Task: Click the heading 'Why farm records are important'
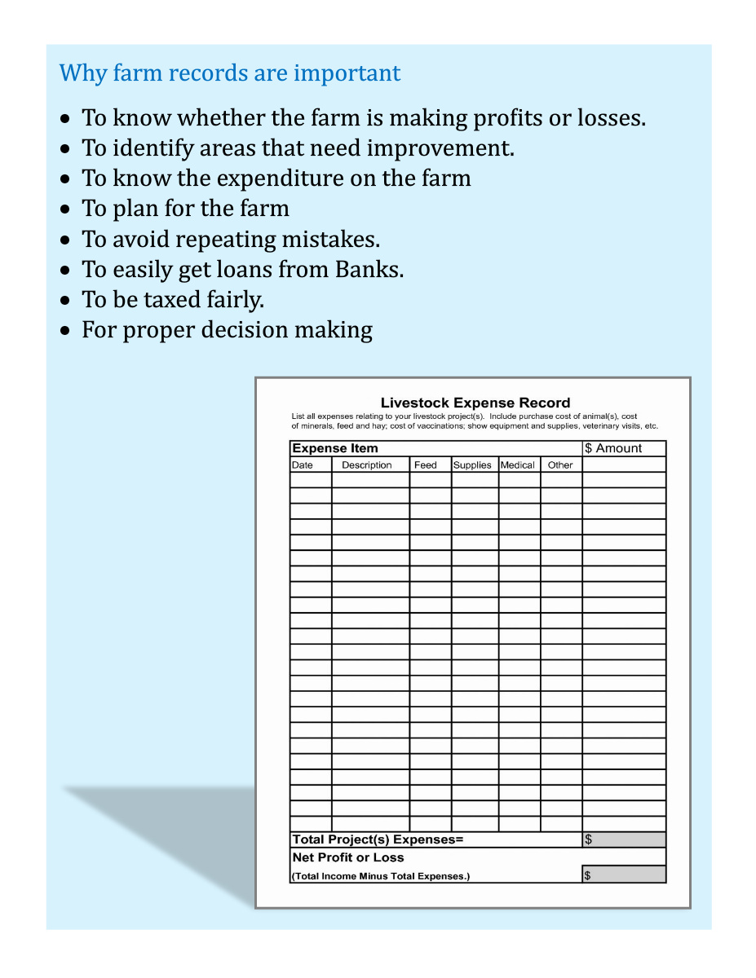[x=230, y=73]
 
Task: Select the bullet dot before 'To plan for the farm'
[x=66, y=209]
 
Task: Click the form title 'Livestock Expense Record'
[x=475, y=403]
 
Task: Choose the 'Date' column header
[x=303, y=465]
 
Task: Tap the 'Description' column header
[x=367, y=465]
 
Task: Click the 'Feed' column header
[x=426, y=465]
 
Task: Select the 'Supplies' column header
[x=472, y=465]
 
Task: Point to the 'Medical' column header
[x=518, y=465]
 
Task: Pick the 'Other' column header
[x=560, y=465]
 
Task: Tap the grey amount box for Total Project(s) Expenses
[x=625, y=840]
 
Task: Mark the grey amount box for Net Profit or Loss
[x=625, y=875]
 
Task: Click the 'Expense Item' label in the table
[x=335, y=448]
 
